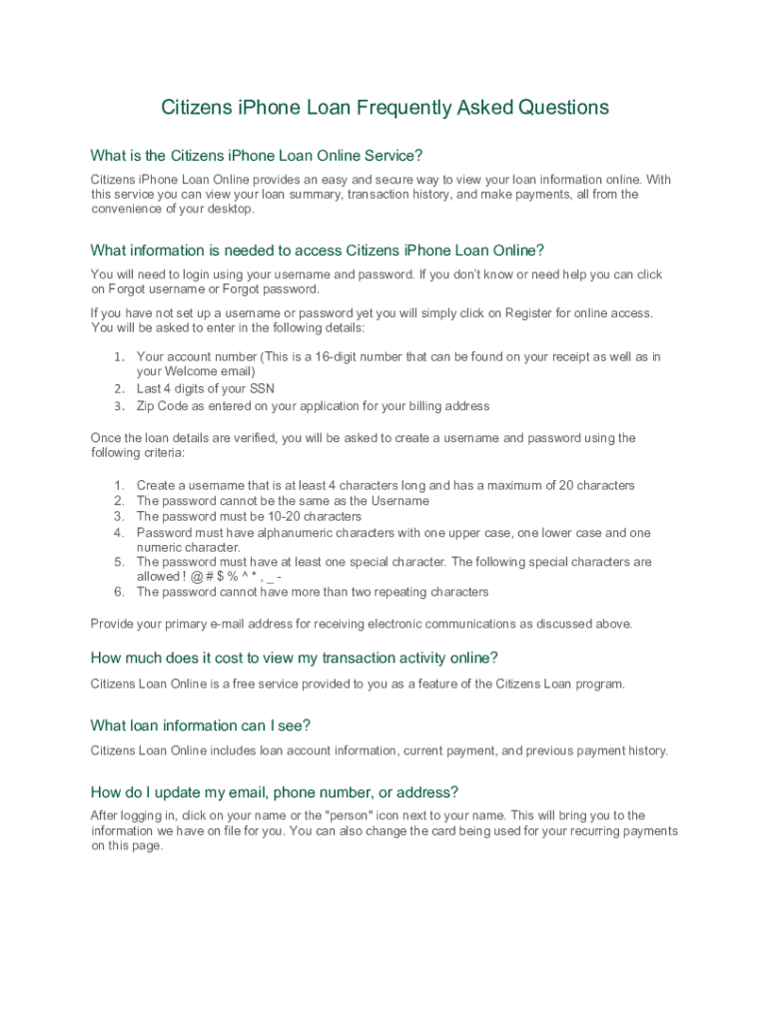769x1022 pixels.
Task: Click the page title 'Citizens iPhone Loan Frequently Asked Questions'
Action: pyautogui.click(x=384, y=108)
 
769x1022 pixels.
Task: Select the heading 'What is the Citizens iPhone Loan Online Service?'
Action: pyautogui.click(x=257, y=156)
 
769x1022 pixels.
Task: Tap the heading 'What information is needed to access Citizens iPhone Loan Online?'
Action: pyautogui.click(x=317, y=251)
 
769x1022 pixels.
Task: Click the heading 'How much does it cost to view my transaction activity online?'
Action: pyautogui.click(x=294, y=658)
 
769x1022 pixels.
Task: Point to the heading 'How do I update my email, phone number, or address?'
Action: pyautogui.click(x=274, y=793)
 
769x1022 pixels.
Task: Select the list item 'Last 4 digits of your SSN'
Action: pyautogui.click(x=205, y=389)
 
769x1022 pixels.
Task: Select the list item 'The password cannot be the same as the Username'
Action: pyautogui.click(x=283, y=501)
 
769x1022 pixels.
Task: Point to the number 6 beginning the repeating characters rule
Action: pyautogui.click(x=118, y=593)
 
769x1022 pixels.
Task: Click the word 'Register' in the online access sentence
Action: pyautogui.click(x=529, y=313)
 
